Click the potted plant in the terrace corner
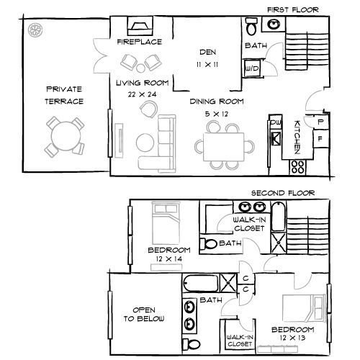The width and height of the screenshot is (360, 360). [33, 29]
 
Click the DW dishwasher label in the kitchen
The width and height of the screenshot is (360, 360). [275, 123]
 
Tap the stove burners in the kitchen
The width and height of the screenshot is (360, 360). [296, 168]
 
